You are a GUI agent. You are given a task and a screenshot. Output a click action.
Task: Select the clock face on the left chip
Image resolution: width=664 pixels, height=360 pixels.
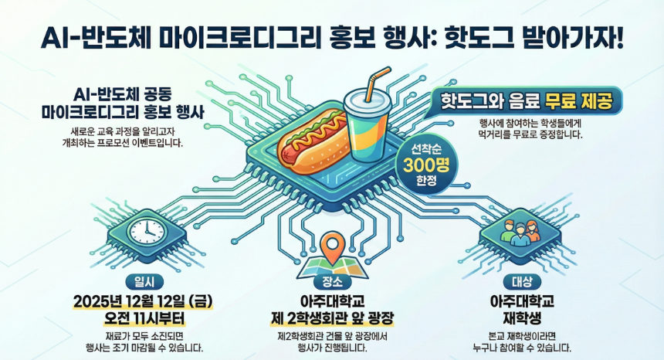coord(147,232)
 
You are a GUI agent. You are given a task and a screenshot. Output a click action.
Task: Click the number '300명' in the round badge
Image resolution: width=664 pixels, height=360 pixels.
coord(426,165)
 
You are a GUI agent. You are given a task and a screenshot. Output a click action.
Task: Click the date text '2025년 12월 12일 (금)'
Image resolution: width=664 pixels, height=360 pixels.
coord(143,301)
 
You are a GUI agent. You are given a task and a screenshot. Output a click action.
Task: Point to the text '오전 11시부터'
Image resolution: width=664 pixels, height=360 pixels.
coord(144,318)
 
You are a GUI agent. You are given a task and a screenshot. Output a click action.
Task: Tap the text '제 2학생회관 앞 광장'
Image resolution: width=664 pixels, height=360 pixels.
coord(333,318)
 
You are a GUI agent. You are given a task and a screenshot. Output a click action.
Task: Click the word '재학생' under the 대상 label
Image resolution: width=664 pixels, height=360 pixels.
coord(522,318)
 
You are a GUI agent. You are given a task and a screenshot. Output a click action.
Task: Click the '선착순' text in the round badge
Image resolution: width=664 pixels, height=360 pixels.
coord(426,149)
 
